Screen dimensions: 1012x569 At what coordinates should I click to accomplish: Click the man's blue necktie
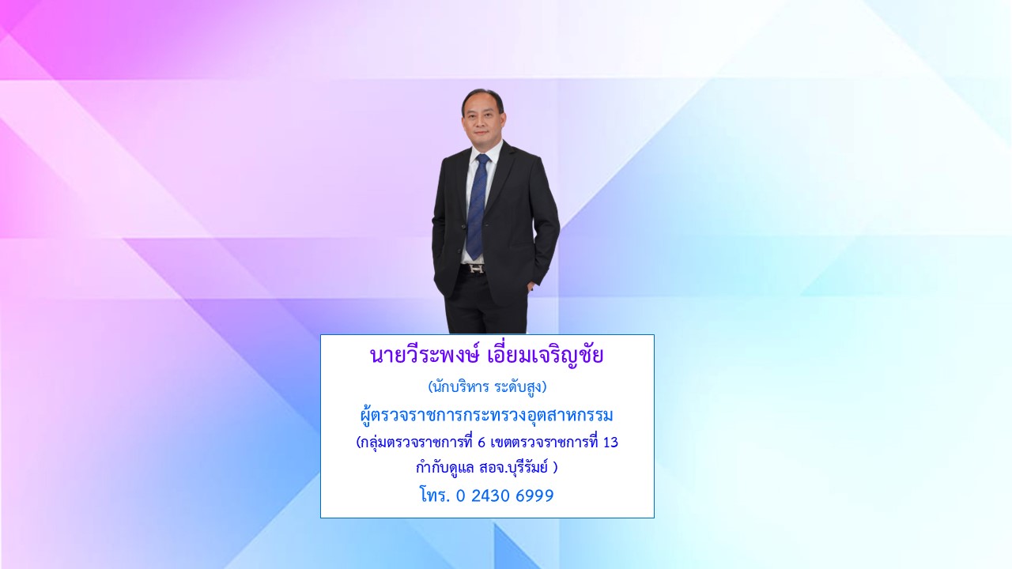[x=477, y=205]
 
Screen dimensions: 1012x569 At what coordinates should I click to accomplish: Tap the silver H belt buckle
[x=477, y=269]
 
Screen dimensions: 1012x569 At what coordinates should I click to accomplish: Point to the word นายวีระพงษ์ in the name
[x=424, y=355]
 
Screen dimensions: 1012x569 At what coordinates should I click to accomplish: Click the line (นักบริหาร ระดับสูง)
[x=487, y=387]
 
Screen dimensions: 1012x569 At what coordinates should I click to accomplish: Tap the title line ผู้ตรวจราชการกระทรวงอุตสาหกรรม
[x=486, y=415]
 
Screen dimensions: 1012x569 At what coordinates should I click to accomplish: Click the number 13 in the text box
[x=610, y=442]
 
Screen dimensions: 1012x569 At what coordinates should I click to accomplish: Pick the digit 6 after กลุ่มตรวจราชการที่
[x=481, y=442]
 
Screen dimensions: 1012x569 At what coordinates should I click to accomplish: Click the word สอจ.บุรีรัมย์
[x=513, y=467]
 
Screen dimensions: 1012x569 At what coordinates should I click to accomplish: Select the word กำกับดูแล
[x=445, y=467]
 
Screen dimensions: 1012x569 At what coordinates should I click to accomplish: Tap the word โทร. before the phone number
[x=435, y=496]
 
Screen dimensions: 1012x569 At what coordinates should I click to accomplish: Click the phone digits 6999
[x=534, y=496]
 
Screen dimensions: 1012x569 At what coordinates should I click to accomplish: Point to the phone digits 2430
[x=491, y=496]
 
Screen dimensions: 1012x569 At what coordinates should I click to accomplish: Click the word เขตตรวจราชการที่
[x=544, y=442]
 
